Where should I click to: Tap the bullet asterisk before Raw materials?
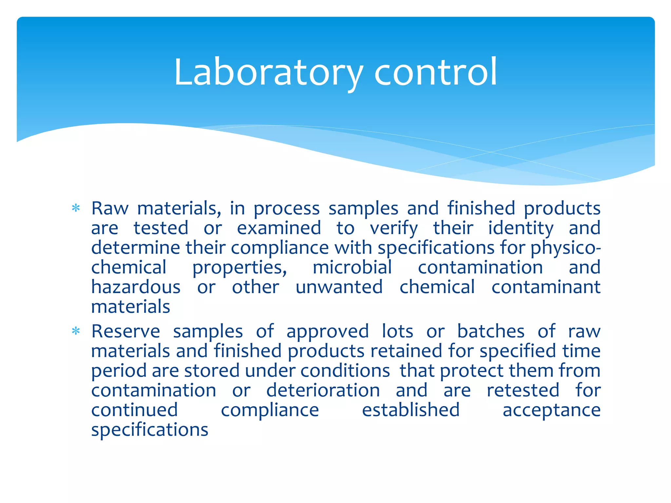click(x=76, y=208)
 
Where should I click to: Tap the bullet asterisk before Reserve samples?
click(x=76, y=331)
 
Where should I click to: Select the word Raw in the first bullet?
click(x=110, y=208)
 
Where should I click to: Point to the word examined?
click(x=279, y=228)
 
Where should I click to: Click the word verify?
click(x=394, y=229)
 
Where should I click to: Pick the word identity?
click(x=521, y=229)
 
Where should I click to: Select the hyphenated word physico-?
click(x=566, y=248)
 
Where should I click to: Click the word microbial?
click(x=352, y=267)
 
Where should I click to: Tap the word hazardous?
click(x=136, y=287)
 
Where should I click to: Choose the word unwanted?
click(x=339, y=287)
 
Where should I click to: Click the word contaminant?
click(x=546, y=287)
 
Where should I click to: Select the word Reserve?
click(x=125, y=331)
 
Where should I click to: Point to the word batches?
click(x=491, y=331)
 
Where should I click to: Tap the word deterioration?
click(x=323, y=390)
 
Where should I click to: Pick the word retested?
click(x=523, y=390)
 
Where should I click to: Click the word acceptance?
click(x=551, y=410)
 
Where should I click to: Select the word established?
click(x=411, y=410)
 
